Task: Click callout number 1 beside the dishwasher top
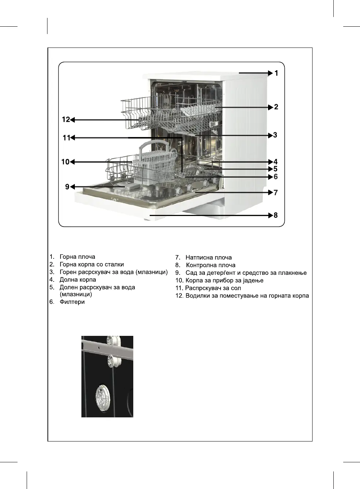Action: pos(276,73)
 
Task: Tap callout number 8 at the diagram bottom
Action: pos(276,215)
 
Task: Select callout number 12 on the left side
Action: pos(66,120)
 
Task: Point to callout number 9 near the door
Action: pos(67,187)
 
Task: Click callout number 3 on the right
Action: pos(275,135)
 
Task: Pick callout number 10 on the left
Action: pos(65,162)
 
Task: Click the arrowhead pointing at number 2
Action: pos(271,107)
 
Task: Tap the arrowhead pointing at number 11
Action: pos(73,138)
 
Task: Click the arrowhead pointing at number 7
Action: pos(271,192)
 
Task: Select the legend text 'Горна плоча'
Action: pos(77,257)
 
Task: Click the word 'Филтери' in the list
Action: pos(72,302)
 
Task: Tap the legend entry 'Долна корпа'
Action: pos(78,280)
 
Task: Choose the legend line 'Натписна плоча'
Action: pos(208,257)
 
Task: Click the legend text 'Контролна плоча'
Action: pos(211,265)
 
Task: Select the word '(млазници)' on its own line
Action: pos(76,294)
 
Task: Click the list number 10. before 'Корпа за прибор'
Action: pos(179,280)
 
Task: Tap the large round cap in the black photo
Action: pos(102,396)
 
